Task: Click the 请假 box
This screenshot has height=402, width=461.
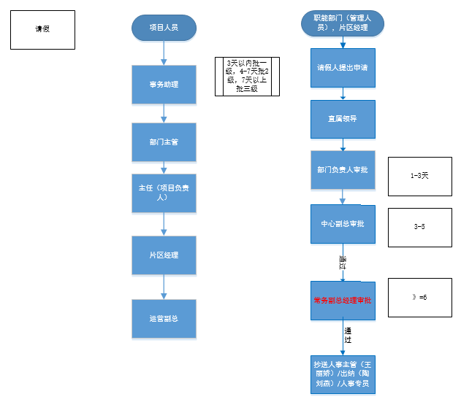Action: point(43,30)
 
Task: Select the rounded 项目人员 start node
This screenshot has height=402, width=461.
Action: point(164,28)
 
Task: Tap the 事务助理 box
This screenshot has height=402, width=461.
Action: point(164,85)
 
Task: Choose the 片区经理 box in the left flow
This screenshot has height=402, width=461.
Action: point(164,255)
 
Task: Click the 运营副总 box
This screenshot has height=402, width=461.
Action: point(164,319)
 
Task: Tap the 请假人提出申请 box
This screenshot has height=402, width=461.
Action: point(343,69)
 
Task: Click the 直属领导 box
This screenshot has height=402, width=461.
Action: point(343,117)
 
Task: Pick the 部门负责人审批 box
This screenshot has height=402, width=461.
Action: point(343,169)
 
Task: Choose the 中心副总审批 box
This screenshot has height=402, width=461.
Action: point(343,225)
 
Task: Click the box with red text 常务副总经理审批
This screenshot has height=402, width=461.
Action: point(343,300)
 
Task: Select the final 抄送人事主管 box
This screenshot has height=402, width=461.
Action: point(343,374)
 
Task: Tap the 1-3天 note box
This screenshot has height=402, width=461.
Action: point(419,176)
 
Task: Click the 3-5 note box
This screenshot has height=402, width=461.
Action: point(419,227)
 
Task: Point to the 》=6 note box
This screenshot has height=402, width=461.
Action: point(419,298)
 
